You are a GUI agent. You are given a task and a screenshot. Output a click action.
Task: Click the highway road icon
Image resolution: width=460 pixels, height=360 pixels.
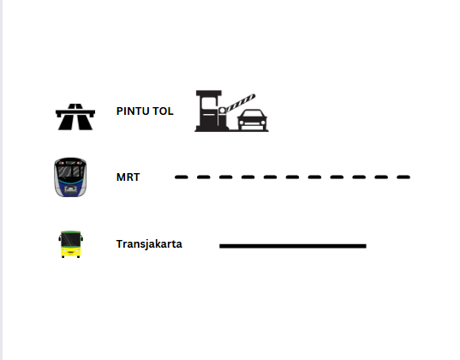75,117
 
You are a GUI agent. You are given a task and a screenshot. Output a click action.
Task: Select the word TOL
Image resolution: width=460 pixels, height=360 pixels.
163,111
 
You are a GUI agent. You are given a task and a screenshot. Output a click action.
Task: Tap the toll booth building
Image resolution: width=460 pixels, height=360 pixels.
209,111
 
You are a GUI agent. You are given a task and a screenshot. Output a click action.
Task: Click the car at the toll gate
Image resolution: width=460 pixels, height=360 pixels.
253,120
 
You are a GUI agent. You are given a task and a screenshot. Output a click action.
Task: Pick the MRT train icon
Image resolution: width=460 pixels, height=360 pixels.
70,177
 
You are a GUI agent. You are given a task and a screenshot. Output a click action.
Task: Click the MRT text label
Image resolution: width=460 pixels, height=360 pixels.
128,177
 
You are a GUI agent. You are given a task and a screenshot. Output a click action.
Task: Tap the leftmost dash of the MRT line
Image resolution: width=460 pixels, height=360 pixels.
182,177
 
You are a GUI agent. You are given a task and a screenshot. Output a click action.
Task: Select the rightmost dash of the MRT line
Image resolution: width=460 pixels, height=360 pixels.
403,177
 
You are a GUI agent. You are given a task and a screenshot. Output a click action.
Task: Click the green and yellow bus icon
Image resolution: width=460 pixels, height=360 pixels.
70,244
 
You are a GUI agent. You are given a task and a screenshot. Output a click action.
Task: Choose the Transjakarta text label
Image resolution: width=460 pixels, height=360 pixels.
149,244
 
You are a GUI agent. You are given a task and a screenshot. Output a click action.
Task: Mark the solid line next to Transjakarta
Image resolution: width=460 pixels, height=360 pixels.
293,246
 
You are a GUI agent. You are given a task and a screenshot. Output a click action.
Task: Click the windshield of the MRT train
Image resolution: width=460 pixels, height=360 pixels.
70,171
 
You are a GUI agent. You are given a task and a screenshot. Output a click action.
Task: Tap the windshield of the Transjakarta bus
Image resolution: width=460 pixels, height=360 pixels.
70,239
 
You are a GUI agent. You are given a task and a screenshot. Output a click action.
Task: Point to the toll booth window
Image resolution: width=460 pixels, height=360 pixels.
207,105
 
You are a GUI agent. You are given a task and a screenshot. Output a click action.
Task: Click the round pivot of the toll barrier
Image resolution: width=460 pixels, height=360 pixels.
222,111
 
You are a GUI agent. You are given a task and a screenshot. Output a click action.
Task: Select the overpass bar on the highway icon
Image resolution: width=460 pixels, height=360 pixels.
75,112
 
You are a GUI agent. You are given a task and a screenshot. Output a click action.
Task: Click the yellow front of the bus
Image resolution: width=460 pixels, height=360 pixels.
70,252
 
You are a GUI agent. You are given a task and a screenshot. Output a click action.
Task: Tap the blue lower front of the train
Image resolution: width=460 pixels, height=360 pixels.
70,186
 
